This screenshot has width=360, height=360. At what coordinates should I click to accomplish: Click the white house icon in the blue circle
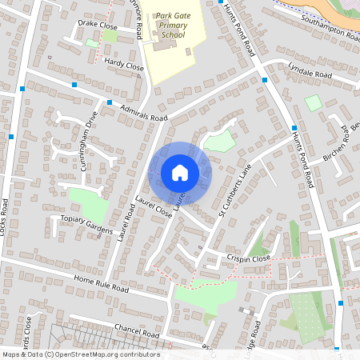coord(180,173)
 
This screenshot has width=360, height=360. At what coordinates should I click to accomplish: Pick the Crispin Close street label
coord(247,259)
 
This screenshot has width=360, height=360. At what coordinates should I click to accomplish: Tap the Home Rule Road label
coord(101,283)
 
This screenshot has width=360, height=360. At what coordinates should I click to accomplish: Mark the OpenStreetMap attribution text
coord(80,354)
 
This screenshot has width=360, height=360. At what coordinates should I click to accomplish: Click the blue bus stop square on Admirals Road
coord(109,102)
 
